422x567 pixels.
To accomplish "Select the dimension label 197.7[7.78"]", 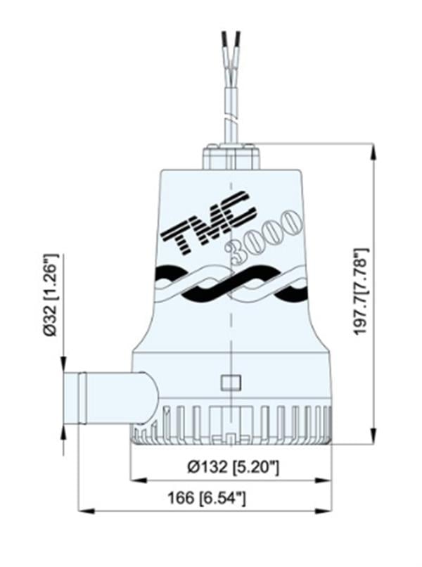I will point(362,291).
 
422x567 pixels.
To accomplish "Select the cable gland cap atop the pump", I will point(231,156).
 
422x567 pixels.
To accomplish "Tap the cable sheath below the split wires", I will point(231,106).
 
